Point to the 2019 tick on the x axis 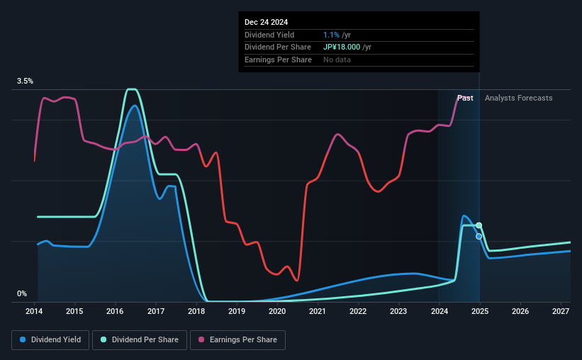tap(237, 312)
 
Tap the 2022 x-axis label tap(358, 312)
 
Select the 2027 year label tap(560, 312)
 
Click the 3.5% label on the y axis tap(26, 81)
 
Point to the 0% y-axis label tap(22, 293)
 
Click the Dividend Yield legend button tap(50, 340)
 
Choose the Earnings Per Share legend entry tap(238, 340)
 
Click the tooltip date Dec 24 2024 tap(267, 23)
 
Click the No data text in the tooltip tap(337, 60)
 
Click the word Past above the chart tap(465, 98)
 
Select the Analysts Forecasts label tap(518, 98)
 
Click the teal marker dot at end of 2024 tap(479, 225)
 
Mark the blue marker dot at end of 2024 tap(479, 236)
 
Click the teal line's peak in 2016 tap(132, 89)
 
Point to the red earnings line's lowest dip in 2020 tap(296, 281)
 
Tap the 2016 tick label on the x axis tap(116, 312)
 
